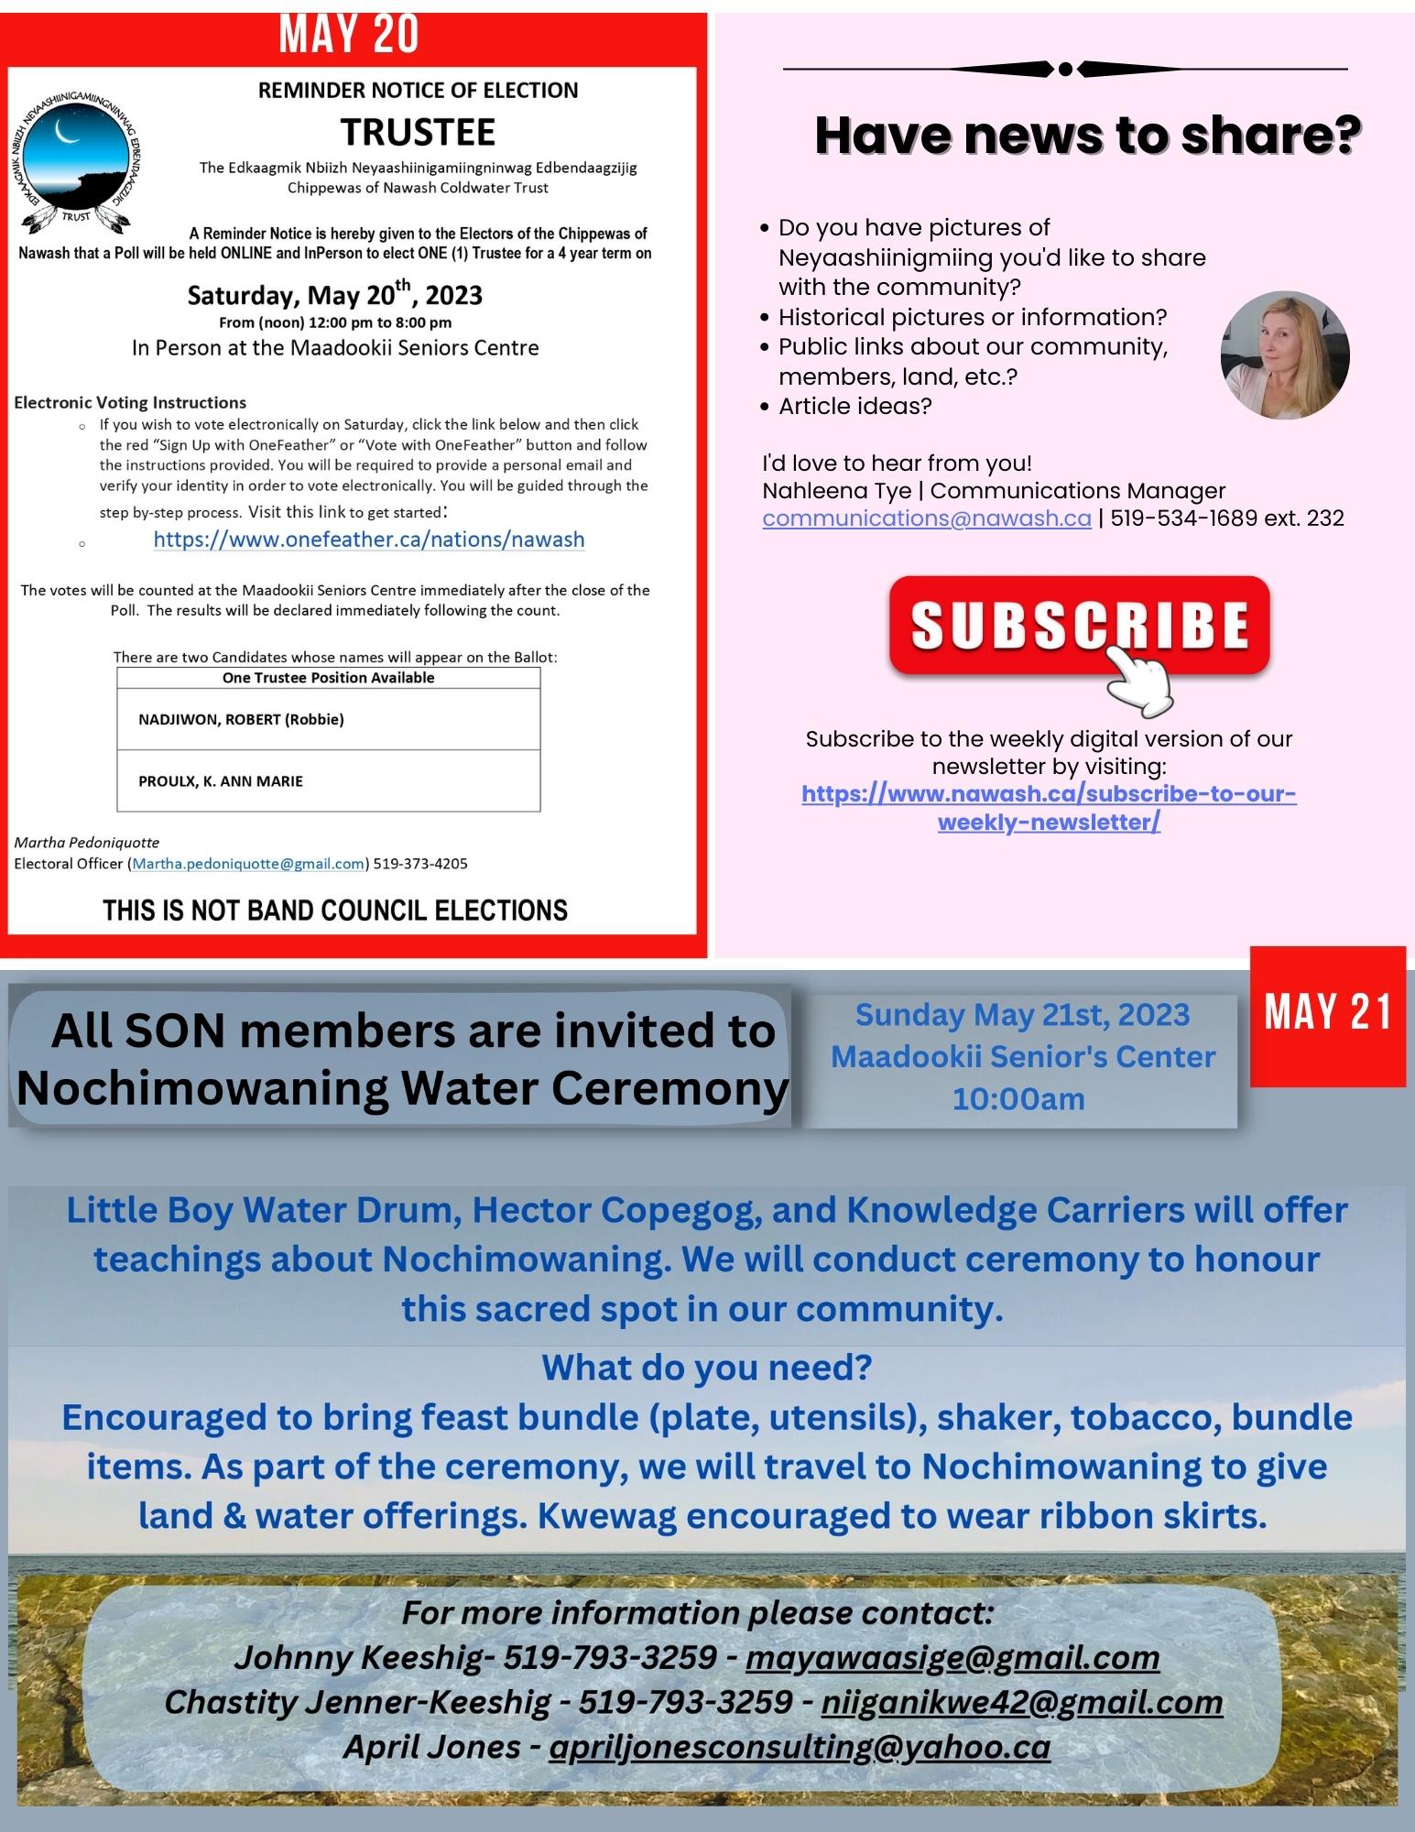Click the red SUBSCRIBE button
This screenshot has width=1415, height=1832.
1079,625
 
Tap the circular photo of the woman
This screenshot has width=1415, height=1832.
1284,355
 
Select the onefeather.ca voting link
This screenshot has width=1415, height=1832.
368,540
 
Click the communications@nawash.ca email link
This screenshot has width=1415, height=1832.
926,518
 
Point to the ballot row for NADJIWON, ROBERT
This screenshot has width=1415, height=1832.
328,719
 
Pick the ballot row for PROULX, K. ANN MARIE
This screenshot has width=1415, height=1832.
328,781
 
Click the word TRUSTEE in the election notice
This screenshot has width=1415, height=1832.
418,133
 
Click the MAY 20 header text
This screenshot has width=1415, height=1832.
349,35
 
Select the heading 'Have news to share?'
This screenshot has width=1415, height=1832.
1085,135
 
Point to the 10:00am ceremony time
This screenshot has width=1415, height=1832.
1018,1098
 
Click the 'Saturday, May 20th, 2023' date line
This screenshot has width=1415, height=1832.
334,295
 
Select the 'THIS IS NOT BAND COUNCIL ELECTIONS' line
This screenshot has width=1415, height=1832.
335,910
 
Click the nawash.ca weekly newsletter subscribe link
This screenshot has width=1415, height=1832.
1049,808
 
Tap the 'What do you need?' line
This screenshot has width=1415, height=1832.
706,1368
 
